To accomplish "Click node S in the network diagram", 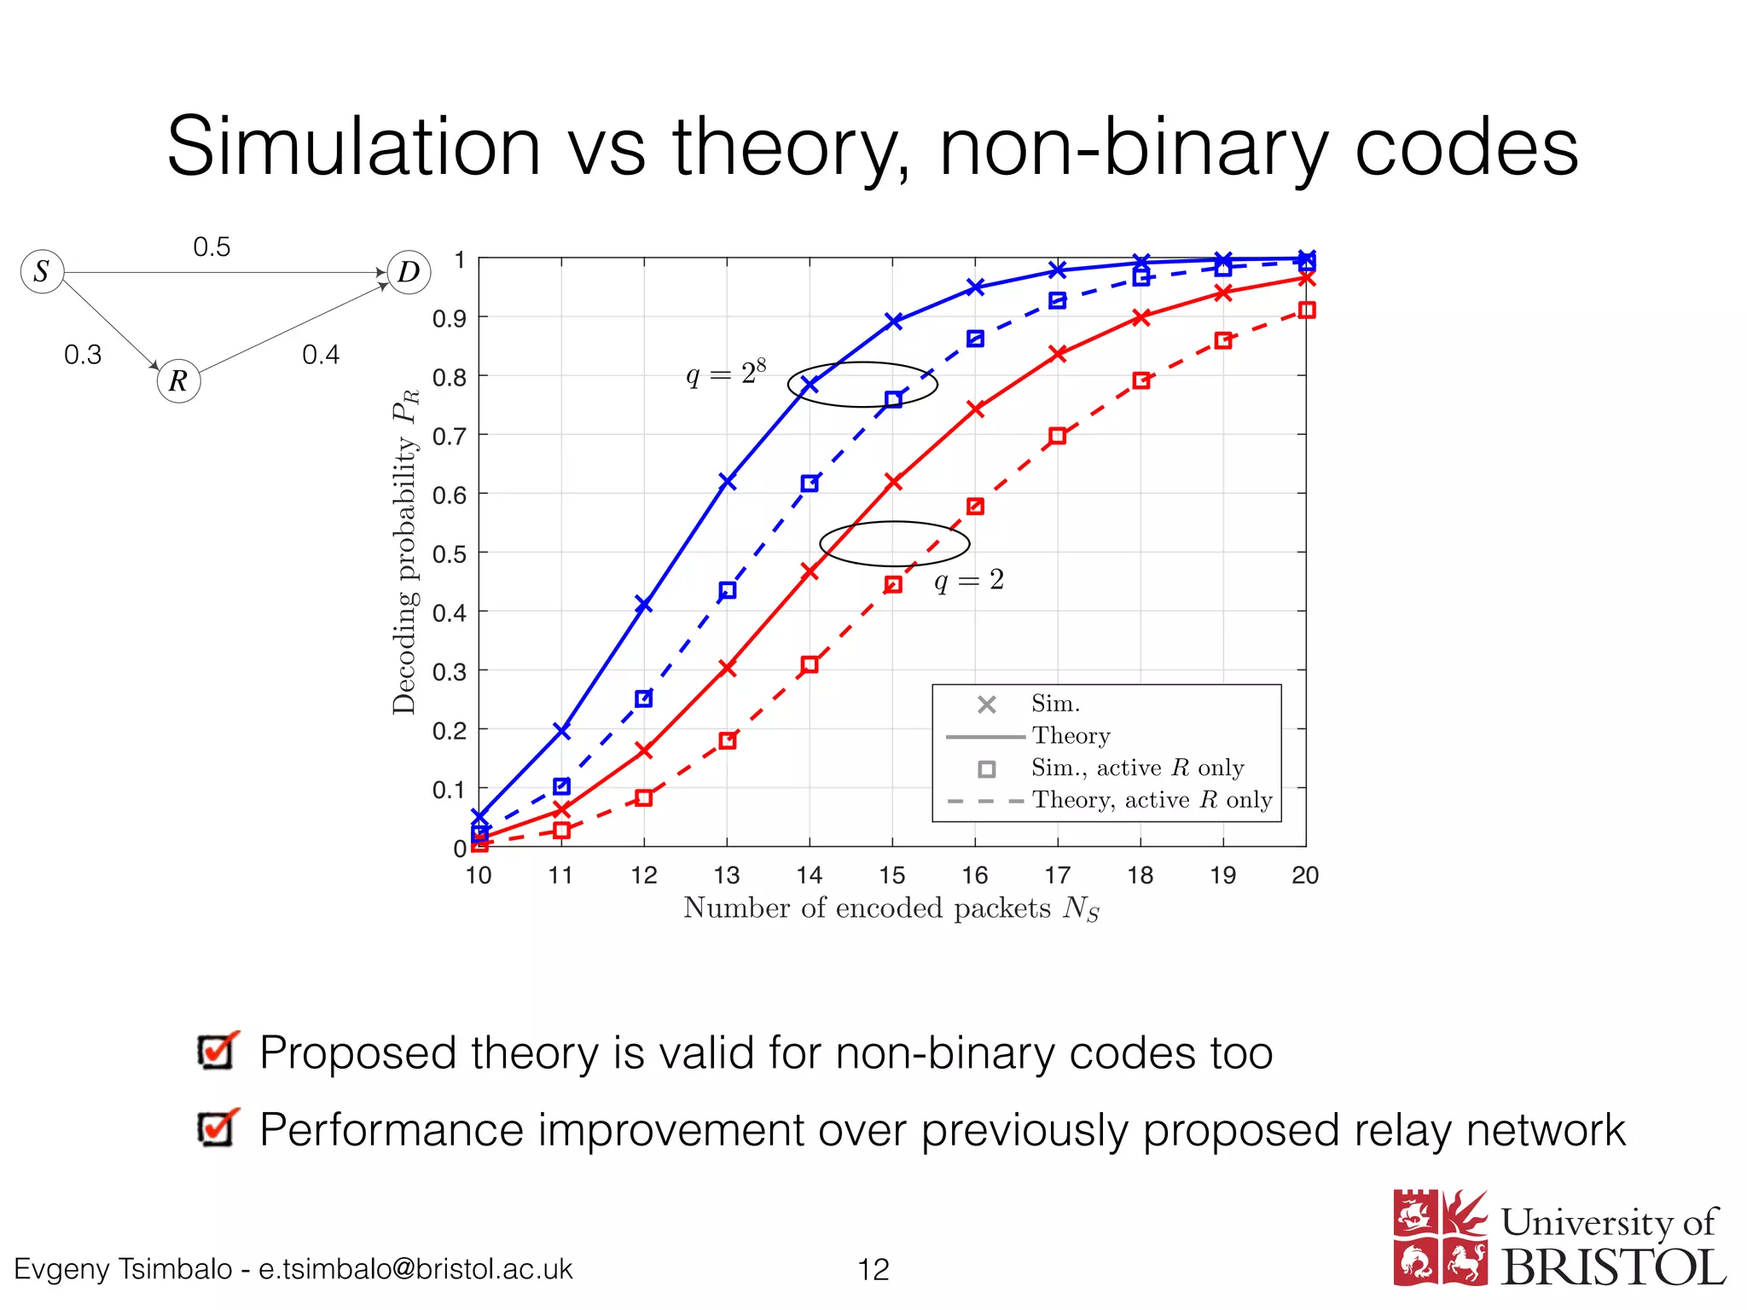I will [x=43, y=272].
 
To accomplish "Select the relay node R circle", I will [x=178, y=380].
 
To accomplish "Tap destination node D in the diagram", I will [x=409, y=272].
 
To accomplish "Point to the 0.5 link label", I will [x=212, y=247].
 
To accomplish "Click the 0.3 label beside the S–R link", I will [x=83, y=355].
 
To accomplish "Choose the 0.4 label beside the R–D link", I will [x=321, y=355].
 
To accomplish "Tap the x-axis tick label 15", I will [x=892, y=875].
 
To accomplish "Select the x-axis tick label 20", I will [x=1305, y=875].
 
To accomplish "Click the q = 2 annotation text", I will [x=969, y=581].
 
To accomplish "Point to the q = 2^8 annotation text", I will [x=726, y=374].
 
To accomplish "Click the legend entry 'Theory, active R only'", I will [x=1152, y=800].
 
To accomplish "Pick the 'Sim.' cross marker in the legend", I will [x=987, y=704].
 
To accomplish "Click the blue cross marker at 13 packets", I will [x=727, y=482].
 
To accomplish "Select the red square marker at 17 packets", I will [x=1058, y=436].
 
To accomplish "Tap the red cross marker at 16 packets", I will [x=976, y=409].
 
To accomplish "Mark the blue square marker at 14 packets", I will [x=810, y=484].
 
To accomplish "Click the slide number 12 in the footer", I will [x=873, y=1269].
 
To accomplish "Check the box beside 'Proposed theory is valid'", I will [x=216, y=1052].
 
